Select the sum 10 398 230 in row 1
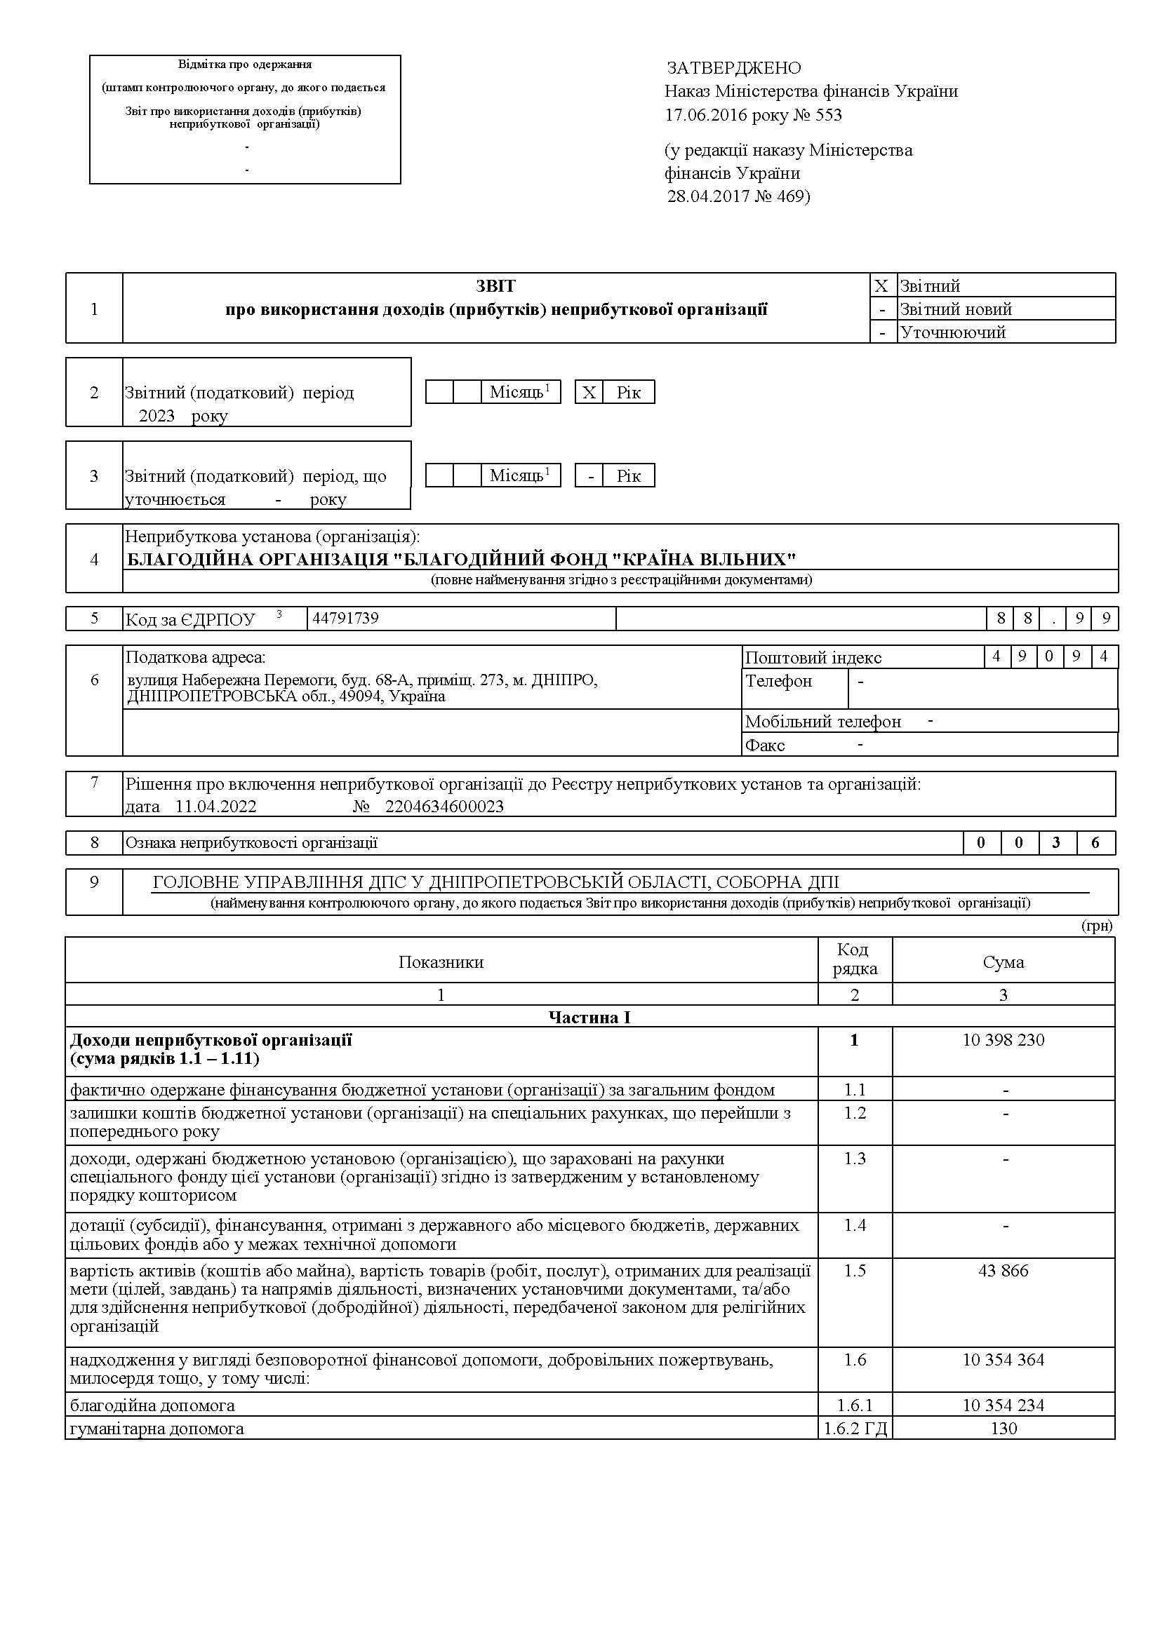click(x=1003, y=1040)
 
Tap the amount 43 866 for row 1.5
click(x=1003, y=1271)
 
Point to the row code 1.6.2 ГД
click(x=855, y=1429)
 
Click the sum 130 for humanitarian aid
click(x=1004, y=1429)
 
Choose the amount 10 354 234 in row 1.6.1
click(x=1003, y=1405)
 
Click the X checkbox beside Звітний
click(x=881, y=286)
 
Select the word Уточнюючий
click(x=953, y=332)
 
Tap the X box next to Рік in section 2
click(x=589, y=393)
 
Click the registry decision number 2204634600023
click(x=444, y=807)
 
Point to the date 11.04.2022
click(x=215, y=807)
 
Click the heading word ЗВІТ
click(x=495, y=286)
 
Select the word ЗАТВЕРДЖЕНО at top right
click(x=733, y=68)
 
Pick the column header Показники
click(x=441, y=962)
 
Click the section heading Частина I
click(x=589, y=1017)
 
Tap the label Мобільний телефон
click(x=823, y=722)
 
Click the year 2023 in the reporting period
click(x=156, y=416)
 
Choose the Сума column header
click(x=1003, y=962)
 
